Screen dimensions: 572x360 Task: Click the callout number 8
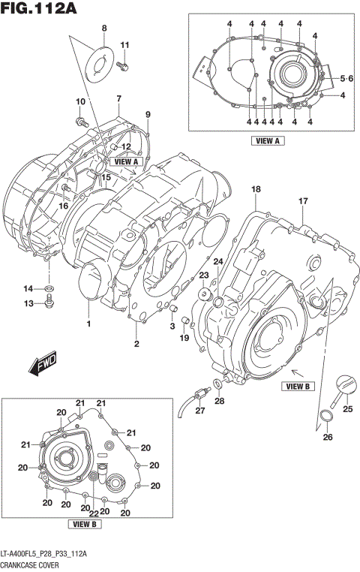(x=104, y=29)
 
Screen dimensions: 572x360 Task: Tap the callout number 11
(x=125, y=46)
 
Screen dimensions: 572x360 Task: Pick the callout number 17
(x=304, y=200)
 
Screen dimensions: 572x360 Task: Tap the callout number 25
(x=347, y=409)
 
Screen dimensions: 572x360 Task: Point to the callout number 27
(x=199, y=411)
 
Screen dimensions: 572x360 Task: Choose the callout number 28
(x=220, y=402)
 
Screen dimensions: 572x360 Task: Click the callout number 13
(x=28, y=304)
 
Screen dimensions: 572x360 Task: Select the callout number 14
(x=28, y=288)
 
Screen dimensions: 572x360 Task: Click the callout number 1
(x=88, y=324)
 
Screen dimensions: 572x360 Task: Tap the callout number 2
(x=136, y=344)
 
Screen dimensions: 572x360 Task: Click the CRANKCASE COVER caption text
(x=32, y=563)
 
